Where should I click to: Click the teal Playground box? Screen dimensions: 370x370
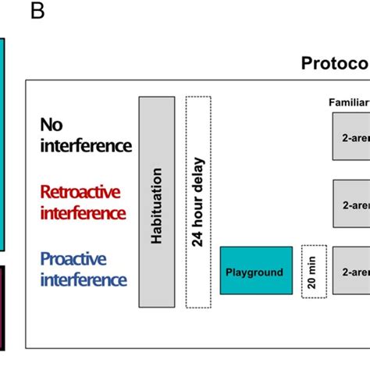click(x=256, y=271)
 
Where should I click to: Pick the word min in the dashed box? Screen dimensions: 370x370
click(x=314, y=262)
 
